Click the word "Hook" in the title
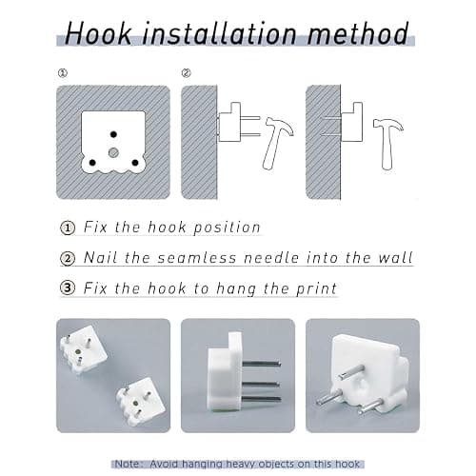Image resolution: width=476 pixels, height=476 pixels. click(x=98, y=33)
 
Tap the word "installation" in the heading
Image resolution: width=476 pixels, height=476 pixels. click(x=219, y=33)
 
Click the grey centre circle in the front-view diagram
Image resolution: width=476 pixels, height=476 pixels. click(x=113, y=153)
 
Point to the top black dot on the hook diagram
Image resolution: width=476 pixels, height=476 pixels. click(x=113, y=134)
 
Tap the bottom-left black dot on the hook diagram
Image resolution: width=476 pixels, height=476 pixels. click(x=92, y=163)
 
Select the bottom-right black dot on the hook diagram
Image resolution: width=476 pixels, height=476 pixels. click(x=135, y=163)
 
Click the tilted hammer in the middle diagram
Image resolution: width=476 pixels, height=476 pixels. click(x=276, y=143)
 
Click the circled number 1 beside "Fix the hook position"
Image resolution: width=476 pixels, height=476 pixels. click(x=68, y=228)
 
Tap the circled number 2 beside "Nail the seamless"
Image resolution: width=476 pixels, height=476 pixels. click(x=68, y=258)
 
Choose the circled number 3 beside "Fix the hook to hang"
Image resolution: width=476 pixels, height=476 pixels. click(x=68, y=288)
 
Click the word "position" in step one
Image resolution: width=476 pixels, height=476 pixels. click(x=227, y=228)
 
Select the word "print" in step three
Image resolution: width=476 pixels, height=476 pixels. click(x=316, y=288)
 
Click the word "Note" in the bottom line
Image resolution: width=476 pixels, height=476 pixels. click(x=127, y=464)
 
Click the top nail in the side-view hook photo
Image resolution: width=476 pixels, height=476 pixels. click(x=261, y=363)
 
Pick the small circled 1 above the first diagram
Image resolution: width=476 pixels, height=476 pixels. click(x=63, y=73)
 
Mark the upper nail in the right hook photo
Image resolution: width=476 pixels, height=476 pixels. click(x=351, y=372)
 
